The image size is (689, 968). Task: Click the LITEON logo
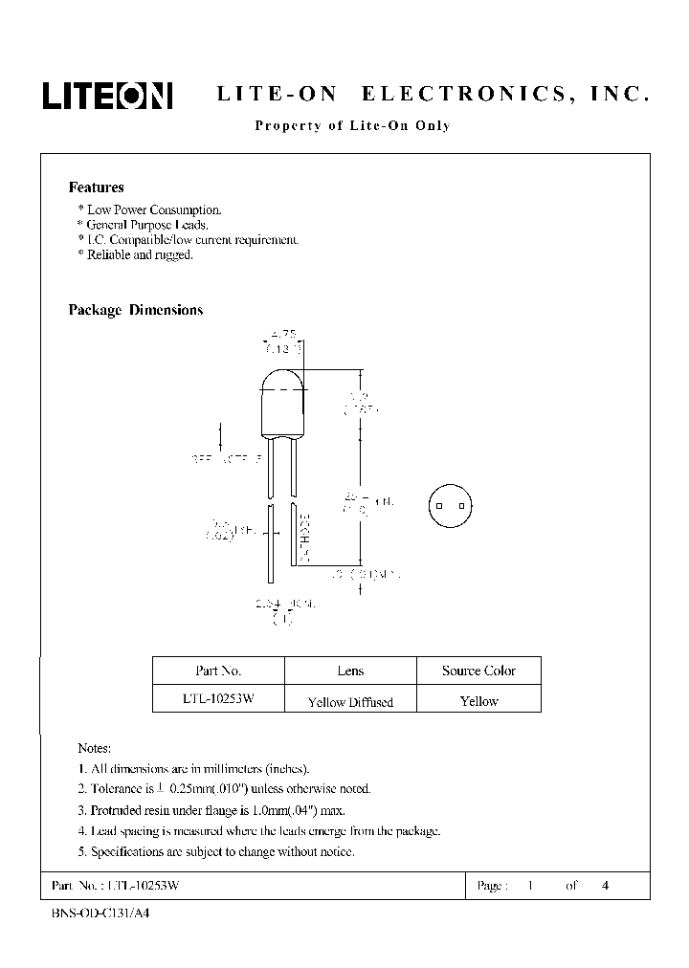click(x=106, y=95)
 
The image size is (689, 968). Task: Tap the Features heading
click(x=96, y=187)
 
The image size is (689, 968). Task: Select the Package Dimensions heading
click(x=135, y=310)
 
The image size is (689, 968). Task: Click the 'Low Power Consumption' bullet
click(x=150, y=209)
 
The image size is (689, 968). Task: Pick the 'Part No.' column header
click(x=217, y=671)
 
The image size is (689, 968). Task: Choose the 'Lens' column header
click(x=350, y=671)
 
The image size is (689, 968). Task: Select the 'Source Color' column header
click(x=478, y=671)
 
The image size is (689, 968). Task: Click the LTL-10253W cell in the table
click(x=217, y=700)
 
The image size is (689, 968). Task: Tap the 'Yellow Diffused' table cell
click(x=350, y=701)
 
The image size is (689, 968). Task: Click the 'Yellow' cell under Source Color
click(x=478, y=701)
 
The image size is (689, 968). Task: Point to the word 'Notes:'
click(x=94, y=748)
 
